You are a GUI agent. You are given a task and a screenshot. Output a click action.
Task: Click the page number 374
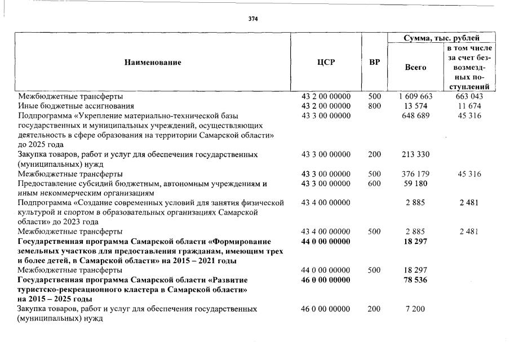pyautogui.click(x=253, y=19)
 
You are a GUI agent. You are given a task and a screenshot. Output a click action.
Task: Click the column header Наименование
pyautogui.click(x=153, y=63)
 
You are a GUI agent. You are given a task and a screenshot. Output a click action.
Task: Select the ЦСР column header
pyautogui.click(x=326, y=63)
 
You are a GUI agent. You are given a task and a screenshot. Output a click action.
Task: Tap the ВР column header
pyautogui.click(x=374, y=63)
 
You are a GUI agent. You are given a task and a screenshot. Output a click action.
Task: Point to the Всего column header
pyautogui.click(x=416, y=68)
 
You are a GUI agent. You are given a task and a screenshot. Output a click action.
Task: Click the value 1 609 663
pyautogui.click(x=415, y=96)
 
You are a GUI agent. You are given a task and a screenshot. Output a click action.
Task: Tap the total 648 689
pyautogui.click(x=415, y=115)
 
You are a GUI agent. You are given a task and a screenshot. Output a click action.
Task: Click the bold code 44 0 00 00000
pyautogui.click(x=326, y=241)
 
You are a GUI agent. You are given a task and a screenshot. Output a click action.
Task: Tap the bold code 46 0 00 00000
pyautogui.click(x=326, y=280)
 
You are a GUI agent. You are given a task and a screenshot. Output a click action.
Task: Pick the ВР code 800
pyautogui.click(x=374, y=106)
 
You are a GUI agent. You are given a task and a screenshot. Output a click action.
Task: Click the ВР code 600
pyautogui.click(x=374, y=184)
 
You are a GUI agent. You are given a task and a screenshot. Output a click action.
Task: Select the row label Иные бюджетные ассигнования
pyautogui.click(x=76, y=106)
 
